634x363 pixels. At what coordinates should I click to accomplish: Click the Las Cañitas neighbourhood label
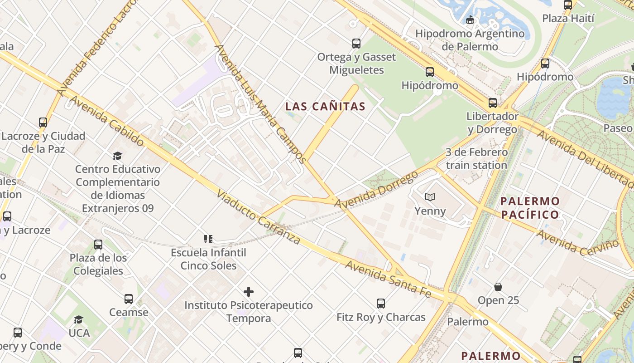pyautogui.click(x=325, y=107)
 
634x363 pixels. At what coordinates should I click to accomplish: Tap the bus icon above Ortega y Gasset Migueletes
pyautogui.click(x=356, y=44)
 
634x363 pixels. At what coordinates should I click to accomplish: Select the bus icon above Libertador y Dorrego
pyautogui.click(x=493, y=103)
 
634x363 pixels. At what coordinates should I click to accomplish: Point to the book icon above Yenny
pyautogui.click(x=430, y=197)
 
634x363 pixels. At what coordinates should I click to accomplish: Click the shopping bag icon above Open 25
pyautogui.click(x=498, y=287)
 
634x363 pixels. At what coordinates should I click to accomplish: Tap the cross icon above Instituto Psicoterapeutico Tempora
pyautogui.click(x=249, y=292)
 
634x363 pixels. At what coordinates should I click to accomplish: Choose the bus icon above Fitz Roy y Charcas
pyautogui.click(x=381, y=303)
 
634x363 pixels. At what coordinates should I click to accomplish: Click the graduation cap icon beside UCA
pyautogui.click(x=79, y=319)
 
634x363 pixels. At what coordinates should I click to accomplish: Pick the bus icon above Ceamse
pyautogui.click(x=129, y=299)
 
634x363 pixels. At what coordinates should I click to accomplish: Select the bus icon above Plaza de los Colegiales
pyautogui.click(x=98, y=245)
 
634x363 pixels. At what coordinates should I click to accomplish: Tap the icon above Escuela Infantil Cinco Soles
pyautogui.click(x=208, y=239)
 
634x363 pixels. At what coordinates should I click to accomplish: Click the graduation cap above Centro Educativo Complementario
pyautogui.click(x=118, y=156)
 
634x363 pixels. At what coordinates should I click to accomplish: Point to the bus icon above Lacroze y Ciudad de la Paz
pyautogui.click(x=43, y=123)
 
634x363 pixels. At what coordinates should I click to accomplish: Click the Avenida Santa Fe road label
pyautogui.click(x=388, y=278)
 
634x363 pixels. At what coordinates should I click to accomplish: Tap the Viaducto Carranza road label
pyautogui.click(x=258, y=216)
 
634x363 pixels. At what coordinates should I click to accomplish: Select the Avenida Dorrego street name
pyautogui.click(x=376, y=190)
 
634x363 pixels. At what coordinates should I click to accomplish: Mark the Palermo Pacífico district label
pyautogui.click(x=530, y=207)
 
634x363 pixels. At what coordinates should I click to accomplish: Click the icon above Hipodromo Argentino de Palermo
pyautogui.click(x=470, y=20)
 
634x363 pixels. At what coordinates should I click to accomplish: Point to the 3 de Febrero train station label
pyautogui.click(x=476, y=158)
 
